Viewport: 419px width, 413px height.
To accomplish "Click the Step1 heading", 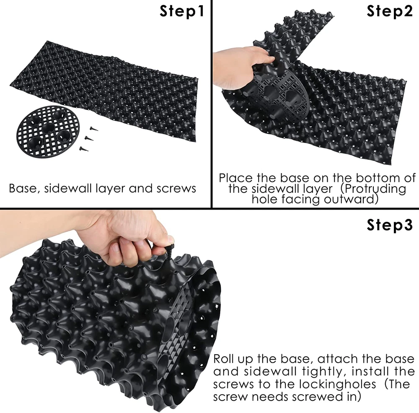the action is point(182,11).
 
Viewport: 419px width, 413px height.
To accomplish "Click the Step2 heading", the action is point(390,11).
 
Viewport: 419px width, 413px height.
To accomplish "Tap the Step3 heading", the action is point(390,225).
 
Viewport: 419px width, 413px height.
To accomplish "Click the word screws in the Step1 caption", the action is point(176,189).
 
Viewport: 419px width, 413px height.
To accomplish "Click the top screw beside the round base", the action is point(93,129).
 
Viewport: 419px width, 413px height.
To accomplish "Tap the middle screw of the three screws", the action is point(89,138).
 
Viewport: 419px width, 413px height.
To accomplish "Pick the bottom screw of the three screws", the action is point(84,148).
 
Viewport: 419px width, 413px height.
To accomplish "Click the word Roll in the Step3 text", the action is point(224,359).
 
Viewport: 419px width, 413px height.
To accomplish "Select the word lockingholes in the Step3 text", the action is point(337,384).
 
